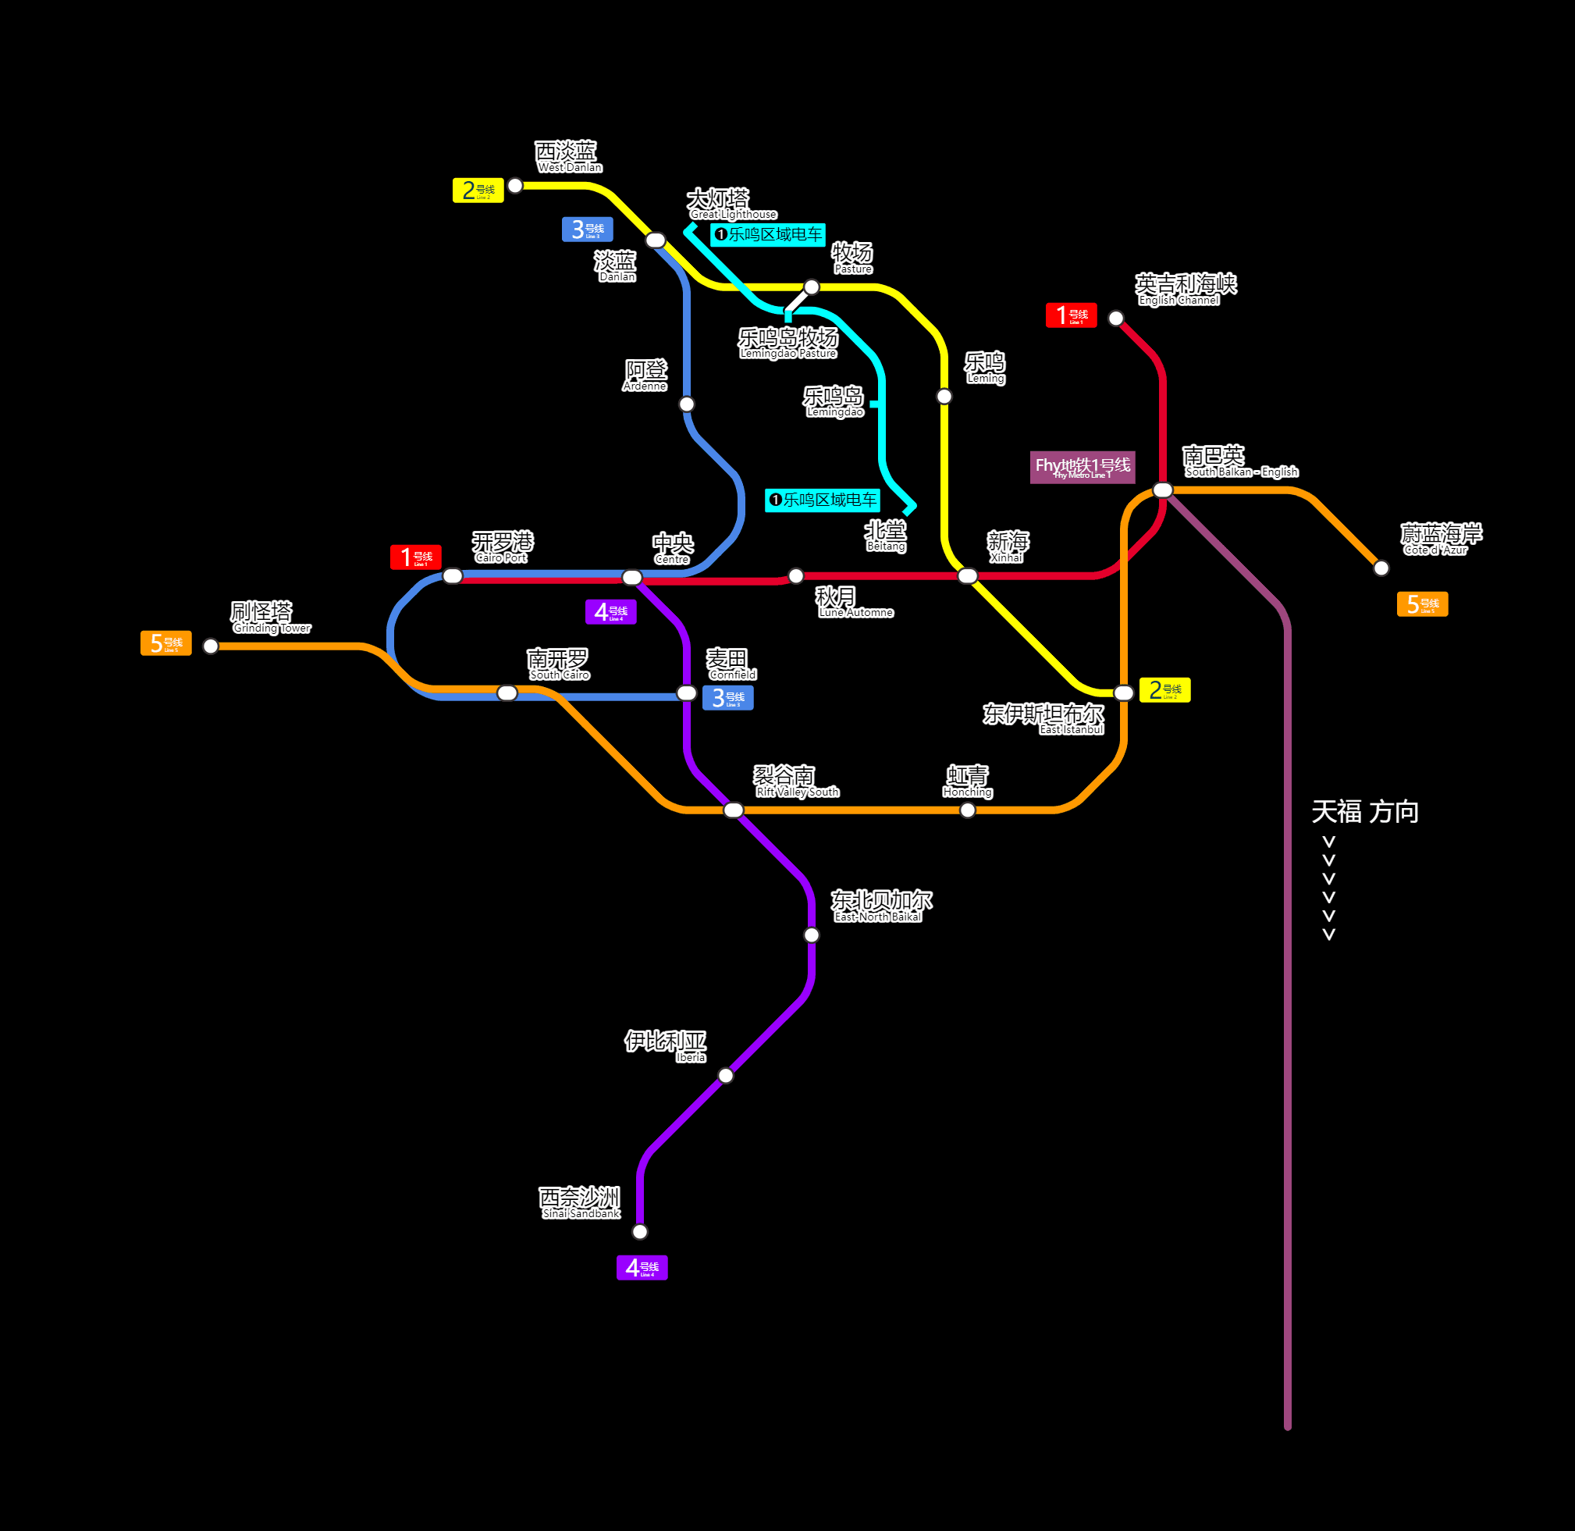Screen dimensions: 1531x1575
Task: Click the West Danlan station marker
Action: (x=515, y=186)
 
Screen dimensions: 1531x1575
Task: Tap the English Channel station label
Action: (x=1185, y=290)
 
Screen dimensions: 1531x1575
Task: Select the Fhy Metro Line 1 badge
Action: (x=1083, y=467)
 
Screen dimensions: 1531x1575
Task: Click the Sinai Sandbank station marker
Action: (x=640, y=1231)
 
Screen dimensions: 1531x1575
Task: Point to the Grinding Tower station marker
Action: (x=211, y=646)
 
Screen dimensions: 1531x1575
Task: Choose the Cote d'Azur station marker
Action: (x=1381, y=568)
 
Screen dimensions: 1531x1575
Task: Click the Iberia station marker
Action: (x=726, y=1075)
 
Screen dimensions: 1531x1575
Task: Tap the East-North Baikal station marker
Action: (x=812, y=935)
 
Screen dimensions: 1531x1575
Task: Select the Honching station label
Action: (x=967, y=781)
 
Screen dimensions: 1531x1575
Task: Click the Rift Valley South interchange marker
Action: (x=733, y=810)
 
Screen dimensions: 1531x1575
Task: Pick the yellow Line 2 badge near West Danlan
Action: (x=478, y=190)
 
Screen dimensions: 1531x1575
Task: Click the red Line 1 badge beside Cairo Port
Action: (x=416, y=557)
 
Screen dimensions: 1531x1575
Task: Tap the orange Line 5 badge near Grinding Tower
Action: (x=165, y=643)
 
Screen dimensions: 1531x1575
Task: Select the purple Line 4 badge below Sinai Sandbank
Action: (x=642, y=1268)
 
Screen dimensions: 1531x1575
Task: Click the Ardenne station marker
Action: (x=687, y=404)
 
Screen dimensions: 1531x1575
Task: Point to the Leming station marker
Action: (x=944, y=396)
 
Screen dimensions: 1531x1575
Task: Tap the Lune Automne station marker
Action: (x=796, y=575)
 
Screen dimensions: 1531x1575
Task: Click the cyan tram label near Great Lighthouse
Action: (x=768, y=235)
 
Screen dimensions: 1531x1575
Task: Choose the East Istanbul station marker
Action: (x=1124, y=693)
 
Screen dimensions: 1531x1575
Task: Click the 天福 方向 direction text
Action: (x=1364, y=812)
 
